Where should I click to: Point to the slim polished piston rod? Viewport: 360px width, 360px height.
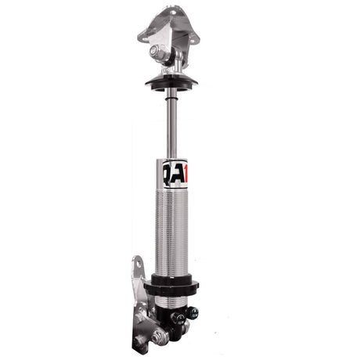[x=171, y=125]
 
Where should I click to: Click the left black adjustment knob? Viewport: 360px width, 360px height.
[x=178, y=318]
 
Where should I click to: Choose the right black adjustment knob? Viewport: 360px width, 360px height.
[x=191, y=313]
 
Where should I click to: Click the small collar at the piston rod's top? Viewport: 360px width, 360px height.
[x=171, y=92]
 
